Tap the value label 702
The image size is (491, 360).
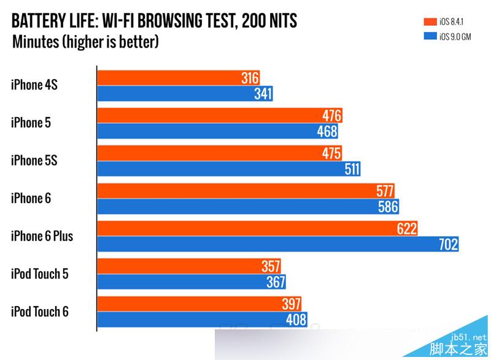click(448, 245)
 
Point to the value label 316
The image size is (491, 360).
click(250, 78)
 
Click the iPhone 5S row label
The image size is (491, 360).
click(34, 161)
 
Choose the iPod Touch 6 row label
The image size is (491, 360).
click(39, 312)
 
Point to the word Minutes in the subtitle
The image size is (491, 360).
click(34, 42)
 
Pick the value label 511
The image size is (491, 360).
click(352, 169)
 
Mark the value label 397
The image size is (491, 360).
click(291, 304)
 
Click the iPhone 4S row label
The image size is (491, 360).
click(34, 85)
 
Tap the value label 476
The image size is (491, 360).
click(331, 115)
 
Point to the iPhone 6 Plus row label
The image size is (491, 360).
click(42, 236)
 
